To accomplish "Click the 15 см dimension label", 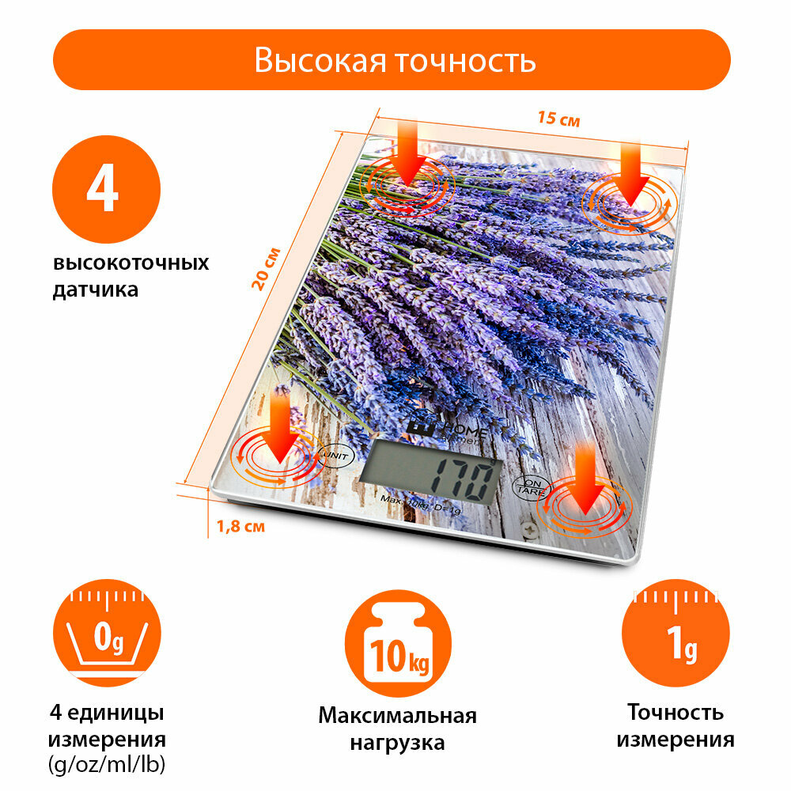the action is click(558, 119).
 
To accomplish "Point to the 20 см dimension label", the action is click(266, 269).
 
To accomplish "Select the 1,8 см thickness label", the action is click(240, 524).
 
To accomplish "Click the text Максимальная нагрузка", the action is click(397, 729).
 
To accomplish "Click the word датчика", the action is click(95, 290).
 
